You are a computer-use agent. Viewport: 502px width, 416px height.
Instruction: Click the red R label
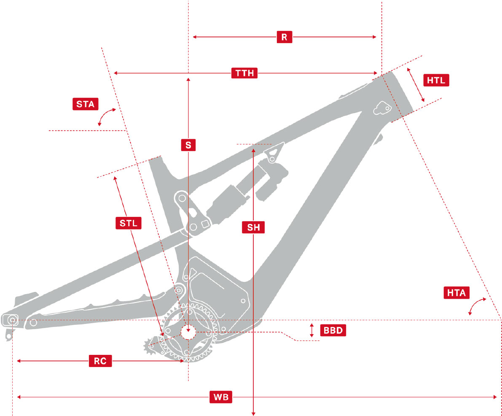tap(285, 37)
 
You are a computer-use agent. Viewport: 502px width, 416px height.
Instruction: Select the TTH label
tap(245, 73)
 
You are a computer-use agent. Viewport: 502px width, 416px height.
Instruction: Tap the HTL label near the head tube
tap(436, 80)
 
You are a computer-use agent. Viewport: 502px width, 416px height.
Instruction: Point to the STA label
tap(85, 104)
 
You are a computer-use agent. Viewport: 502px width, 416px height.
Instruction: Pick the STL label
tap(129, 223)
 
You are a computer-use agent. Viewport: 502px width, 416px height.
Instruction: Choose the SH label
tap(253, 228)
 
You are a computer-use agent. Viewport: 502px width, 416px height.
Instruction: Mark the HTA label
tap(457, 293)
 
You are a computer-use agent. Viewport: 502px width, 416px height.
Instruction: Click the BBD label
tap(333, 330)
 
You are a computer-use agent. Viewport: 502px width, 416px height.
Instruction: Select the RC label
tap(100, 361)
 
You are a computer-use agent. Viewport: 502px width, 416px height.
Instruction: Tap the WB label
tap(221, 397)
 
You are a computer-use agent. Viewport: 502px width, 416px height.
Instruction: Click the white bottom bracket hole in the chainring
tap(188, 332)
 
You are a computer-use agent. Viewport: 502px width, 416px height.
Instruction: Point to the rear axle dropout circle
tap(12, 320)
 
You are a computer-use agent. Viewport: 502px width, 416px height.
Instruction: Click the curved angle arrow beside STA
tap(105, 116)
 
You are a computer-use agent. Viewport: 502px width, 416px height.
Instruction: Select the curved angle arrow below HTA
tap(477, 305)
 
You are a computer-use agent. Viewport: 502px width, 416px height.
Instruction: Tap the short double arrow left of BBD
tap(312, 330)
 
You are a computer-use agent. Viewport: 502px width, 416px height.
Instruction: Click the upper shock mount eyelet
tap(272, 159)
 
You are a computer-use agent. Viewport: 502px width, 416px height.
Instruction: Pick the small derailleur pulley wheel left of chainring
tap(150, 346)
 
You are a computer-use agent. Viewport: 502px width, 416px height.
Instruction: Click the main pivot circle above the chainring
tap(179, 290)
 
